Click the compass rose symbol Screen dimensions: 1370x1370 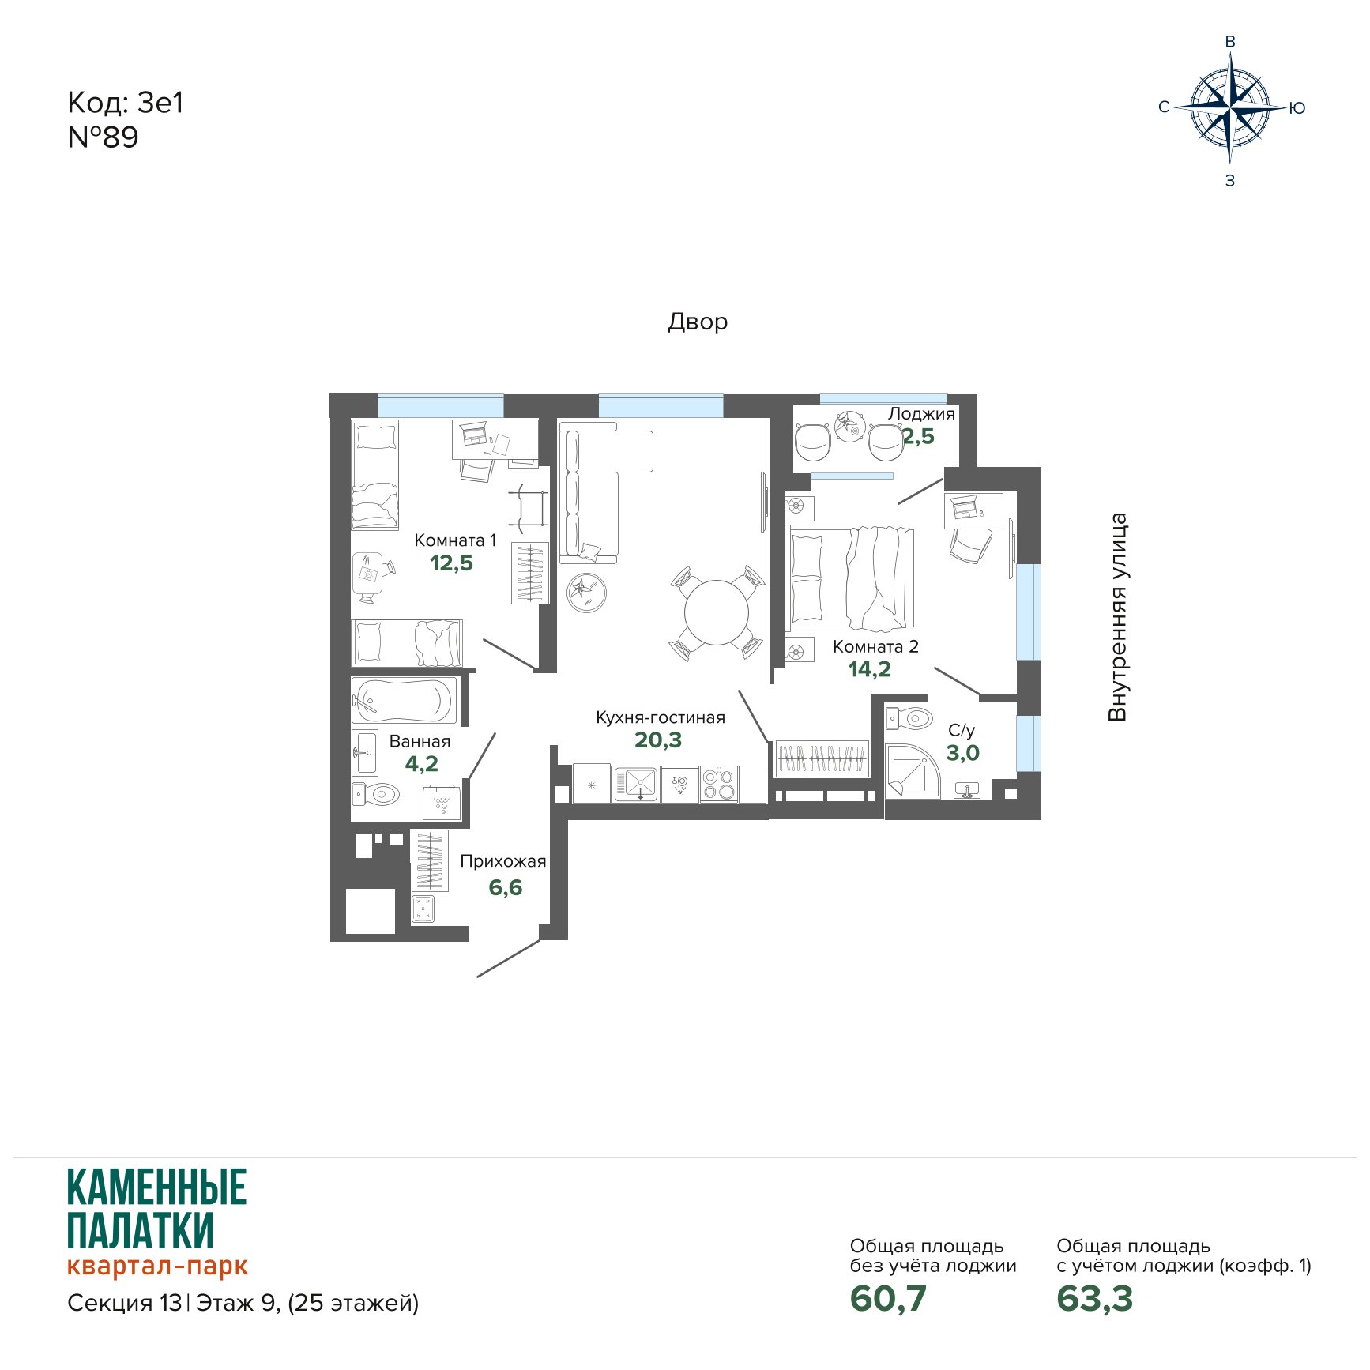(1230, 107)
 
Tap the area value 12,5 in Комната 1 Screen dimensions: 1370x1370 (451, 563)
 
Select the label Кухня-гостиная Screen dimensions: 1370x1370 (661, 717)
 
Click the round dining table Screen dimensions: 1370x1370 (717, 613)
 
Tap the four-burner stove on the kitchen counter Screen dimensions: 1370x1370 (719, 785)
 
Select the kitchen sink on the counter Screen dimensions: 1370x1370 (637, 784)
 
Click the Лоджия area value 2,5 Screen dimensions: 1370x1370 (919, 435)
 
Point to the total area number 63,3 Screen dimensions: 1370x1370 (1094, 1298)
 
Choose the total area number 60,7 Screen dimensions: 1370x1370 (888, 1298)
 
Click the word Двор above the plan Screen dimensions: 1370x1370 (698, 322)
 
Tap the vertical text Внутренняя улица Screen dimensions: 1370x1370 (1117, 617)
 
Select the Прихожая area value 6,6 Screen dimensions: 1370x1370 (505, 887)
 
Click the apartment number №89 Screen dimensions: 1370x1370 (103, 137)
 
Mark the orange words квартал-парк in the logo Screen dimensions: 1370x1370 (157, 1266)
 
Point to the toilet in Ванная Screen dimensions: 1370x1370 (376, 793)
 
